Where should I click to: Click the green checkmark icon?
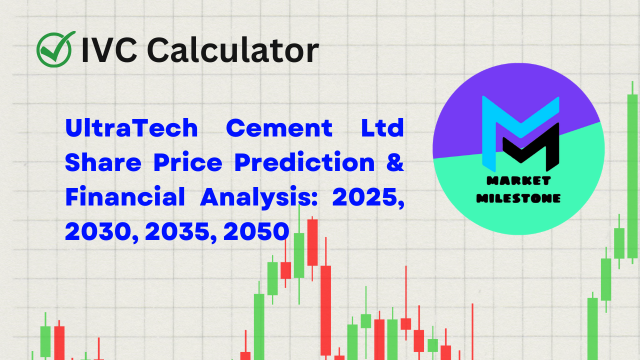[x=55, y=49]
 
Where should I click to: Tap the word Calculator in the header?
[x=232, y=50]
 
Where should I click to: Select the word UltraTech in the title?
[x=131, y=128]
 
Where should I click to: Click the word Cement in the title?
[x=279, y=128]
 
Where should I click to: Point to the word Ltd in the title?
[x=382, y=128]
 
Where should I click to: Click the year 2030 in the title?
[x=100, y=232]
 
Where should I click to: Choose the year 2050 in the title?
[x=256, y=232]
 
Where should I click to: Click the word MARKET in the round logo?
[x=518, y=180]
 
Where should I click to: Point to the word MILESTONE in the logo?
[x=518, y=198]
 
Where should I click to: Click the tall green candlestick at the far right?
[x=632, y=175]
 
